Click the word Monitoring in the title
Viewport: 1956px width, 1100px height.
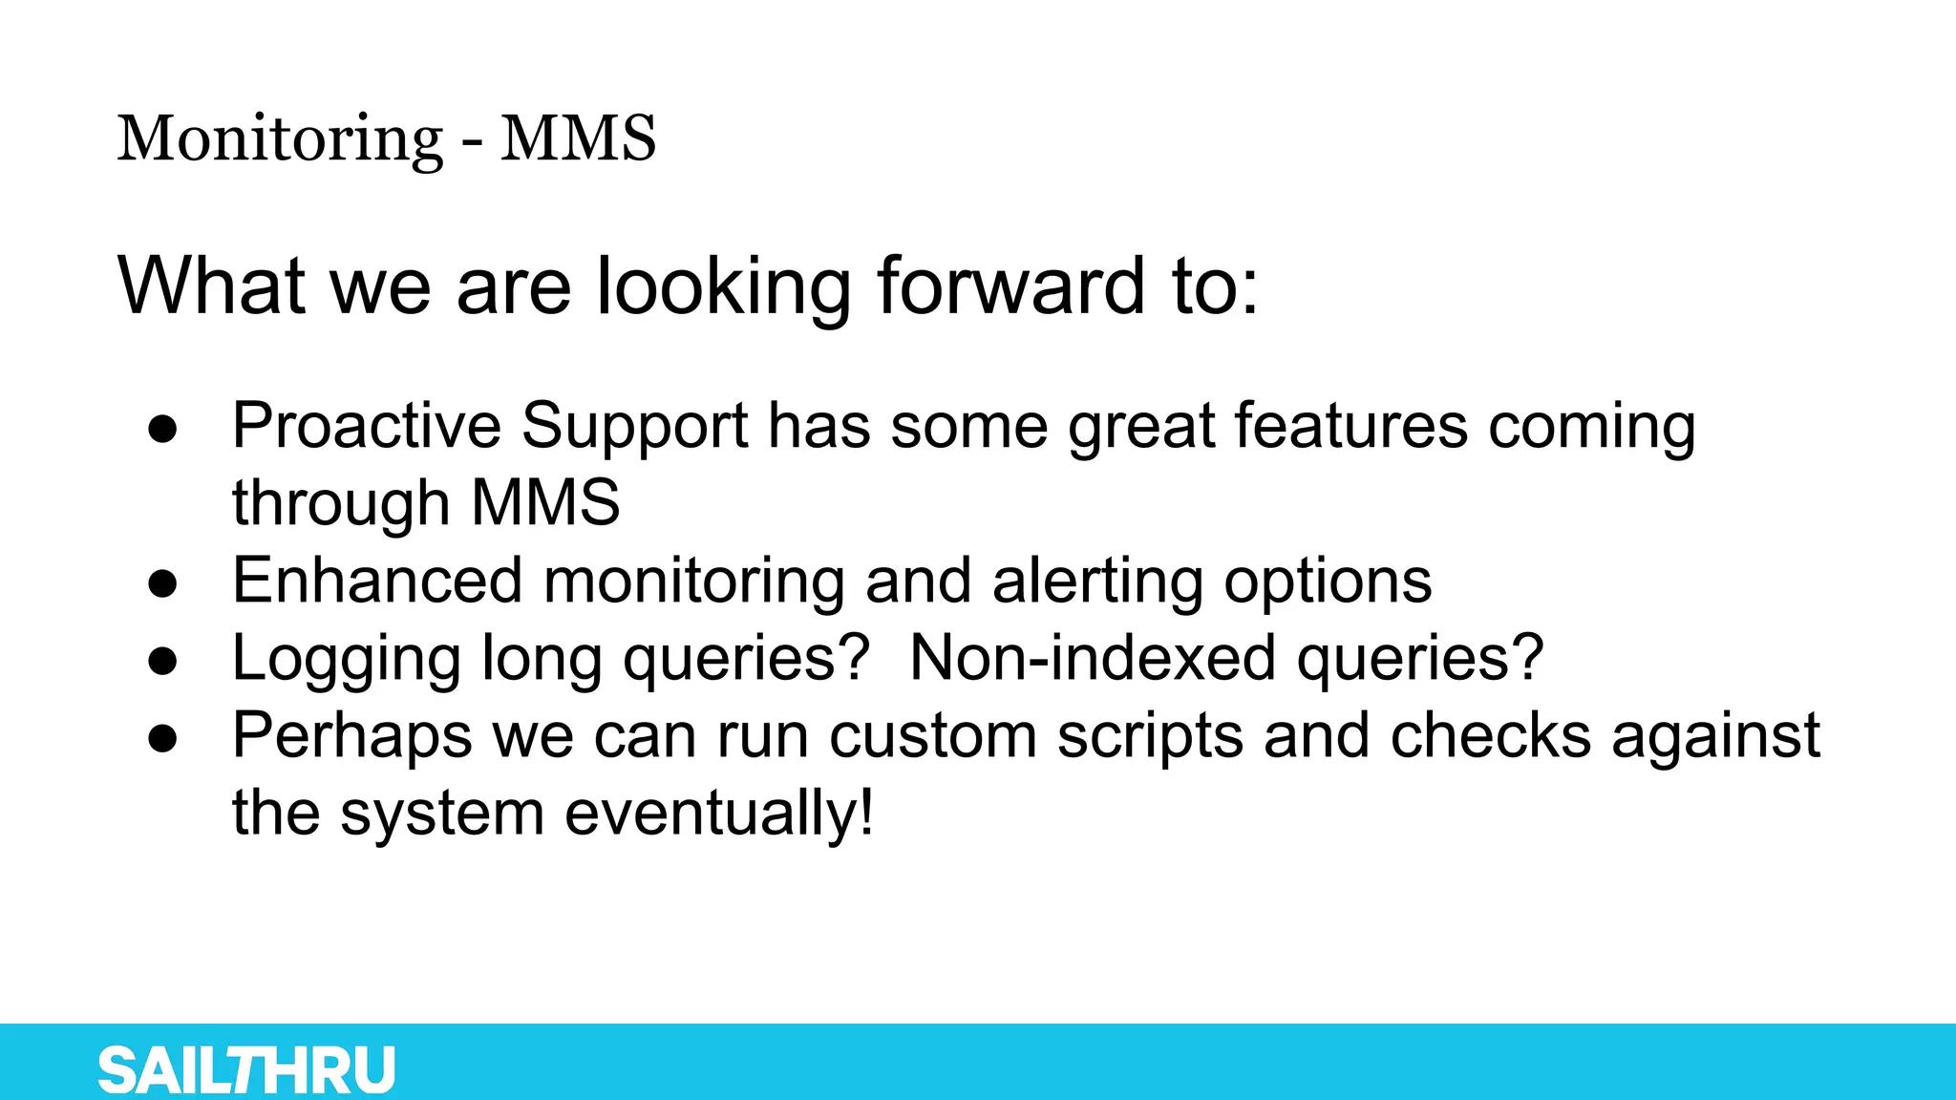pyautogui.click(x=280, y=139)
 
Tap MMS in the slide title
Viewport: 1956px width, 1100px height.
pyautogui.click(x=578, y=139)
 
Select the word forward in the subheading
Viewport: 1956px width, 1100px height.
pyautogui.click(x=1010, y=286)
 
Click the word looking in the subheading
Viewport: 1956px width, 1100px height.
pyautogui.click(x=723, y=286)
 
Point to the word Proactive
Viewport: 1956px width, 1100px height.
pyautogui.click(x=366, y=425)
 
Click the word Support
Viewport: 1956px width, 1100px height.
pyautogui.click(x=634, y=427)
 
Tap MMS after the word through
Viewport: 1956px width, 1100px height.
pyautogui.click(x=545, y=502)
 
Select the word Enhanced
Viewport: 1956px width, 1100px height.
pyautogui.click(x=377, y=581)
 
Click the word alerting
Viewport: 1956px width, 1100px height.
pyautogui.click(x=1097, y=581)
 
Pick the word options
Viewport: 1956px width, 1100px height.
pyautogui.click(x=1328, y=582)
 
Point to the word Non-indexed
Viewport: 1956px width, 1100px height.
pyautogui.click(x=1092, y=658)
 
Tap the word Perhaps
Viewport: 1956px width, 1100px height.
pyautogui.click(x=352, y=737)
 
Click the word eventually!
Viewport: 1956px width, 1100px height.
pyautogui.click(x=718, y=814)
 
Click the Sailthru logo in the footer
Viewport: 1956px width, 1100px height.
pyautogui.click(x=246, y=1069)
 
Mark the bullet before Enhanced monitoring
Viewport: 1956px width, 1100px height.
pyautogui.click(x=163, y=582)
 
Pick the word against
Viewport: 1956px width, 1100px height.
pyautogui.click(x=1715, y=737)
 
